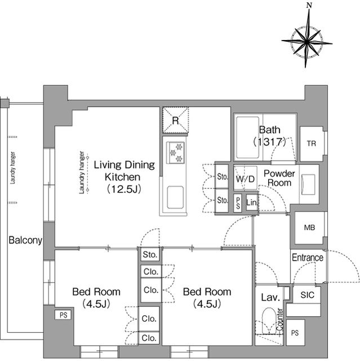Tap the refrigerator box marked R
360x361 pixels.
point(175,120)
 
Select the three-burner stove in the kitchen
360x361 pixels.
point(175,153)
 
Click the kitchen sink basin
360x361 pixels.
point(175,197)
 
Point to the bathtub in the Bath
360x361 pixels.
point(247,138)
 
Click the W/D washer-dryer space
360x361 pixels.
point(245,178)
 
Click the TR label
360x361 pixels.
point(312,144)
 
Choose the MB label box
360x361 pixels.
point(309,228)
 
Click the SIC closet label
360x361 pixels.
point(307,295)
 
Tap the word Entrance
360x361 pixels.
point(308,257)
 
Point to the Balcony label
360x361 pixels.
point(25,240)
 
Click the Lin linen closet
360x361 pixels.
point(251,202)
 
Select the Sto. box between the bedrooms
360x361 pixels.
point(150,254)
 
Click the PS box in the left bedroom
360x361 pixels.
point(63,315)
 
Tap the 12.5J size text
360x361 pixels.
point(124,190)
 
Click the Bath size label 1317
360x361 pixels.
point(270,142)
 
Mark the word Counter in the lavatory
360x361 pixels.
point(280,320)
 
